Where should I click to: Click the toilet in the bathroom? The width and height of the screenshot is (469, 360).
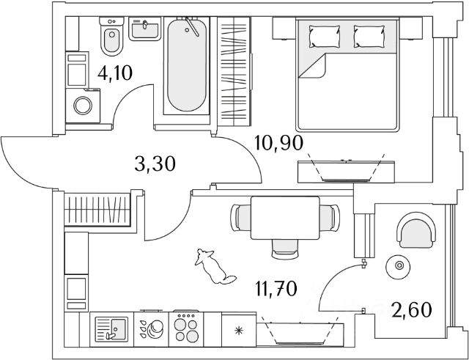click(112, 41)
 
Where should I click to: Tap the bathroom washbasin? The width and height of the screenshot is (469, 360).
click(144, 29)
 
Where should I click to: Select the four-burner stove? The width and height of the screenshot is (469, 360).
click(185, 327)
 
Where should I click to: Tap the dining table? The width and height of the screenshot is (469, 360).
click(284, 218)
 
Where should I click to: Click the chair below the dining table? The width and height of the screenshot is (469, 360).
click(284, 252)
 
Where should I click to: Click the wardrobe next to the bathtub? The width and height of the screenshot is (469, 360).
click(236, 73)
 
